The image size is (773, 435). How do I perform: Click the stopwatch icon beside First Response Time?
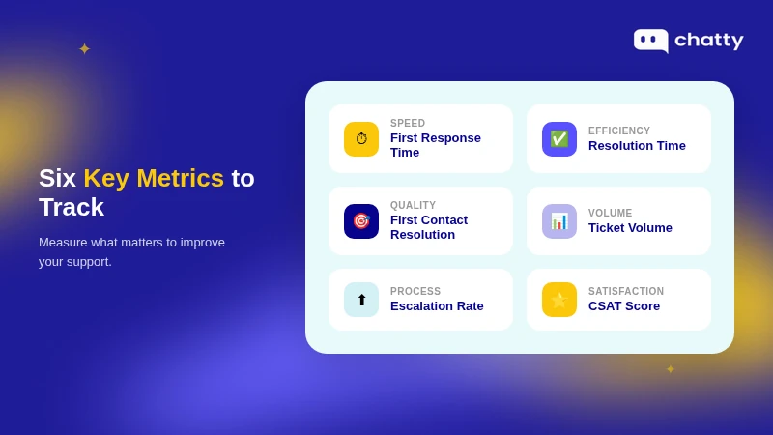coord(361,139)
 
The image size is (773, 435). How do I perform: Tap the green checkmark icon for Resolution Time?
coord(559,139)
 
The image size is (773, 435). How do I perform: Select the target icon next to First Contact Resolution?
coord(361,221)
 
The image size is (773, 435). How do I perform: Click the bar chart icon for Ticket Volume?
coord(559,221)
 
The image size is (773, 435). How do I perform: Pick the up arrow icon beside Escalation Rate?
coord(361,300)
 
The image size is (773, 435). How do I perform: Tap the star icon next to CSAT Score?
coord(559,300)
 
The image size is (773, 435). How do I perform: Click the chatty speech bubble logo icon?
coord(650,40)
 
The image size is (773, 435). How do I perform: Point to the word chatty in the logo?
coord(708,41)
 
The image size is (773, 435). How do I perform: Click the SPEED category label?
coord(408,124)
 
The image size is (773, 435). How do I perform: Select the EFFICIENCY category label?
coord(619,131)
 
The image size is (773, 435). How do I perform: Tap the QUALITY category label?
coord(413,206)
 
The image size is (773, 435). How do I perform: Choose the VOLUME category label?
coord(611,214)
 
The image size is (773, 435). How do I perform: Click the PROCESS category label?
coord(415,292)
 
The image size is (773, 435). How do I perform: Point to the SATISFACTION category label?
coord(626,292)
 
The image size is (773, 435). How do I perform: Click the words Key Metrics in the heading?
coord(154,178)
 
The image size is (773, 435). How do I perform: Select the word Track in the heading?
coord(72,207)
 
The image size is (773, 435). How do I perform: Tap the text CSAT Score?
coord(624,306)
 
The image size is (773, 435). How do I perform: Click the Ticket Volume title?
coord(630,228)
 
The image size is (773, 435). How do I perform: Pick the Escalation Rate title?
coord(437,306)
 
